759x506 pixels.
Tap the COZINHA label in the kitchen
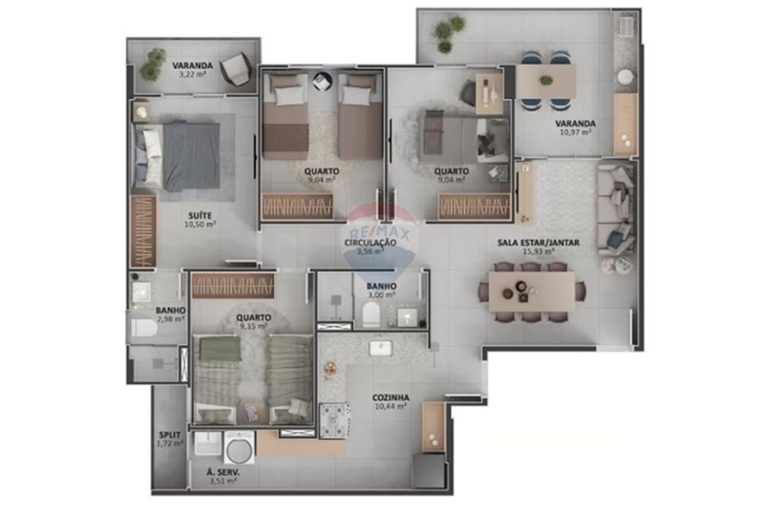pos(391,397)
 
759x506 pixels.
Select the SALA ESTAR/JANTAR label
pos(538,242)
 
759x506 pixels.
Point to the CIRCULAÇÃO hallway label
pos(370,242)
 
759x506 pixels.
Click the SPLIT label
pos(169,434)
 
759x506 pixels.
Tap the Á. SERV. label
pos(222,471)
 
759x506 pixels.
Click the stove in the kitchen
pos(335,420)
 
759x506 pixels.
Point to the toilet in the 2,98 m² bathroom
pos(143,328)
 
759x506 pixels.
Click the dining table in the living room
pos(531,291)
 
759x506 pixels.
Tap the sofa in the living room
pos(616,208)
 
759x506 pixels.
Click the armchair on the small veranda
pos(235,71)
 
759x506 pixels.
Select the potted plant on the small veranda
pos(153,64)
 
